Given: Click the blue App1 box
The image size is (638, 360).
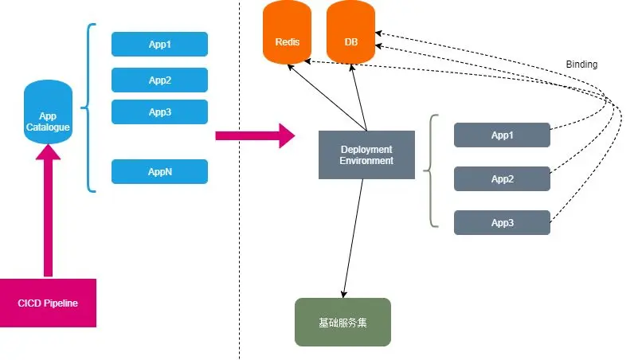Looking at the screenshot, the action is click(159, 44).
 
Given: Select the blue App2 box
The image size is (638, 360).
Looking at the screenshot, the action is click(159, 80).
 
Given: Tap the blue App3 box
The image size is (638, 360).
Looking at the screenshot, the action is click(159, 112).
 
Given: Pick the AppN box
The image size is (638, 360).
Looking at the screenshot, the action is click(159, 172).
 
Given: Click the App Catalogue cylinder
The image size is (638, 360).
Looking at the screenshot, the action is click(48, 112).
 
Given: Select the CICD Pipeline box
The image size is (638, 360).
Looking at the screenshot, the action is click(48, 303).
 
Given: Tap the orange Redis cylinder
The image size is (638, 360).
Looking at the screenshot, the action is click(288, 33).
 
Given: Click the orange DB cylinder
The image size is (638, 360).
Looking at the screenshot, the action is click(350, 33).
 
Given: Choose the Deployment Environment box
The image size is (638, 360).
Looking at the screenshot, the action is click(366, 155).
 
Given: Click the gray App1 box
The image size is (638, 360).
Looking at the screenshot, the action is click(502, 135).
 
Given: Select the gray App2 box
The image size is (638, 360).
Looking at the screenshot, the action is click(502, 179).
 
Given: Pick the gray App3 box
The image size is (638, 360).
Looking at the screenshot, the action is click(502, 222).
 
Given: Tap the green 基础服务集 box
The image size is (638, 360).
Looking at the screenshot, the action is click(342, 323).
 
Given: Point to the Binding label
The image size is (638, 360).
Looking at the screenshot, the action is click(581, 65).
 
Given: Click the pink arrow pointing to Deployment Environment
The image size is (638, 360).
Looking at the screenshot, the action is click(255, 135).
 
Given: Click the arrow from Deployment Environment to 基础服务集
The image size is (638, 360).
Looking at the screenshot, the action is click(353, 238).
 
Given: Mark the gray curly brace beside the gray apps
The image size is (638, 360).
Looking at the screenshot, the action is click(431, 171).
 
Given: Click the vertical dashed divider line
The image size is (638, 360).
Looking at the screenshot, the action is click(239, 180).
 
